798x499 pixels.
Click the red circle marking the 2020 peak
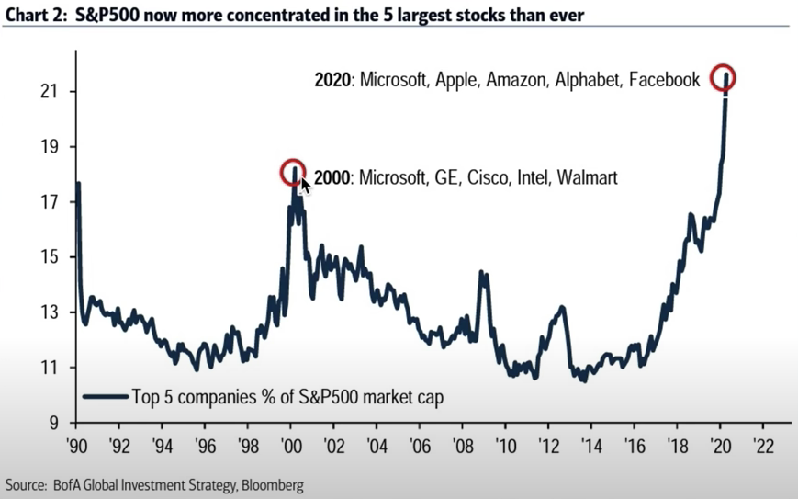[724, 78]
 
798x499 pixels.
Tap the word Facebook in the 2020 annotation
[663, 80]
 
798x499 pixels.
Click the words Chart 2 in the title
[31, 14]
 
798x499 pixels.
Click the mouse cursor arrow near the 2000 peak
[306, 185]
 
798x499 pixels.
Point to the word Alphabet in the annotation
[583, 80]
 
